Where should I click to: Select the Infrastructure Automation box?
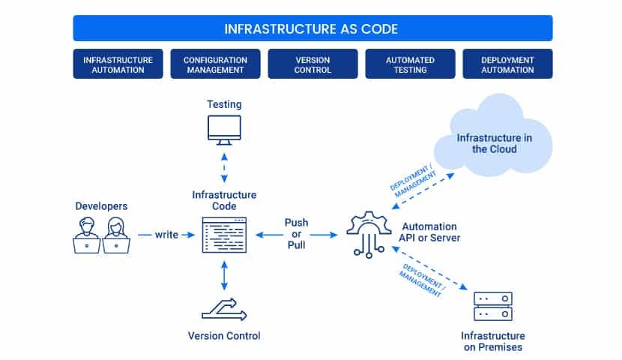coord(118,64)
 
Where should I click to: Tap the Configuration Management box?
coord(215,64)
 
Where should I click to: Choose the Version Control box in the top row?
coord(312,64)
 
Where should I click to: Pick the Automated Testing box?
coord(410,64)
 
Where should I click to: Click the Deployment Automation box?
coord(507,64)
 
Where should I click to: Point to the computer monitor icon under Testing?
coord(224,129)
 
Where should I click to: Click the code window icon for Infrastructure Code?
coord(224,235)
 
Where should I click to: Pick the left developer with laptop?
coord(88,234)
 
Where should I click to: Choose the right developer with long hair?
coord(116,234)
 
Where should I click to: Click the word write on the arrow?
coord(166,235)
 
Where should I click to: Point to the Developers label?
coord(101,205)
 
